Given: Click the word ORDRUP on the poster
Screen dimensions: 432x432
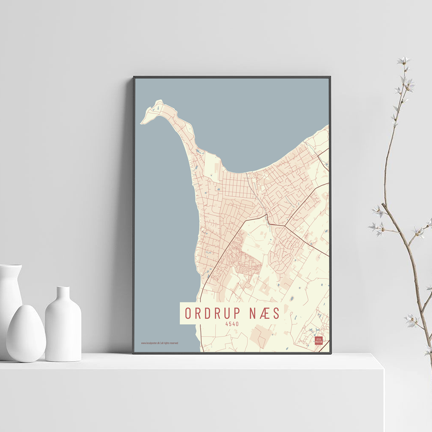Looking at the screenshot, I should (213, 313).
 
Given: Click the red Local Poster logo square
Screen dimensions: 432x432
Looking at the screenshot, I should (318, 340).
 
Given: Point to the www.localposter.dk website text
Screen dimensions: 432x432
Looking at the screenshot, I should (150, 343).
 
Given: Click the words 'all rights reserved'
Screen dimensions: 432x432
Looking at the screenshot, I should (170, 343).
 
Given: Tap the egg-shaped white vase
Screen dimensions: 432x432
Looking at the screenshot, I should (26, 334).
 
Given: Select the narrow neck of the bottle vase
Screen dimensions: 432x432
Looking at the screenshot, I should (63, 294).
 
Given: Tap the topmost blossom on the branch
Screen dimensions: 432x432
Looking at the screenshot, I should (403, 60).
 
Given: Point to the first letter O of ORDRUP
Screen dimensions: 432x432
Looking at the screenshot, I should (188, 313).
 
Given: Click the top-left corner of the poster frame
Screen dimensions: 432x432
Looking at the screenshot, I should (134, 77).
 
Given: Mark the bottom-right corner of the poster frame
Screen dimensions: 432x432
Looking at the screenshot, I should (330, 353).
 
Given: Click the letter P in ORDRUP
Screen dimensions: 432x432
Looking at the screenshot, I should (237, 313).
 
